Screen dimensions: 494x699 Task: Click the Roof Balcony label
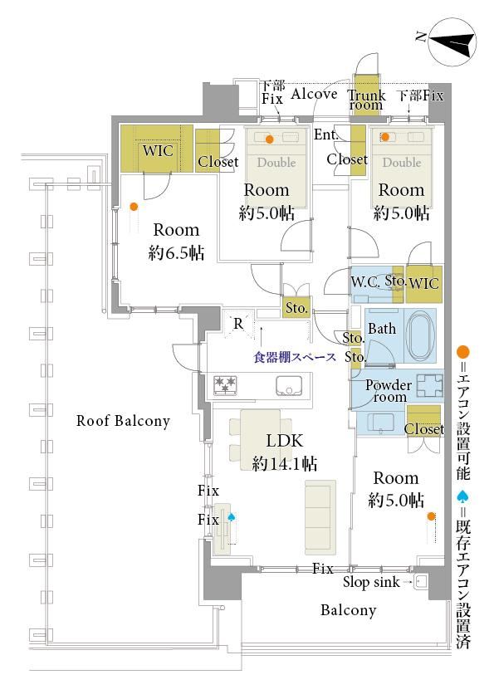click(x=123, y=421)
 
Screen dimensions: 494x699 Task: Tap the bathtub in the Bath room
click(x=421, y=335)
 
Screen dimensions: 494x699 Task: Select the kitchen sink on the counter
click(x=289, y=385)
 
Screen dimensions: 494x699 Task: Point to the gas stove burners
click(x=225, y=385)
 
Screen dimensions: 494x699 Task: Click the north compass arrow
click(x=450, y=43)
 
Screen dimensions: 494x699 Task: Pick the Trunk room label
click(x=366, y=100)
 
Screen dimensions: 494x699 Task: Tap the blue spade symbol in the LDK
click(x=232, y=517)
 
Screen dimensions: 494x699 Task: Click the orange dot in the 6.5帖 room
click(x=134, y=207)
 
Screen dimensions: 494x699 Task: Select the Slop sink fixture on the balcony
click(x=420, y=582)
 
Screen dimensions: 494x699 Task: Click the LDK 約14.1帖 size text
click(x=285, y=463)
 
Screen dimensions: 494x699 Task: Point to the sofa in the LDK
click(x=320, y=517)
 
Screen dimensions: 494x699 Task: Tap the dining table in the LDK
click(x=261, y=440)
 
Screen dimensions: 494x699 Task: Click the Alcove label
click(x=314, y=94)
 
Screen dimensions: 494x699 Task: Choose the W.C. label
click(x=365, y=281)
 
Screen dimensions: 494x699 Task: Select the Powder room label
click(x=389, y=390)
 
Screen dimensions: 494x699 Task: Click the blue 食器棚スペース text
click(x=295, y=357)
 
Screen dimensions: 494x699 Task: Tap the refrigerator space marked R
click(x=238, y=323)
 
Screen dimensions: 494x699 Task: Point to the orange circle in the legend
click(x=463, y=352)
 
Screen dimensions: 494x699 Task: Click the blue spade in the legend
click(x=463, y=496)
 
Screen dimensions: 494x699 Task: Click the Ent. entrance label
click(x=326, y=134)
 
